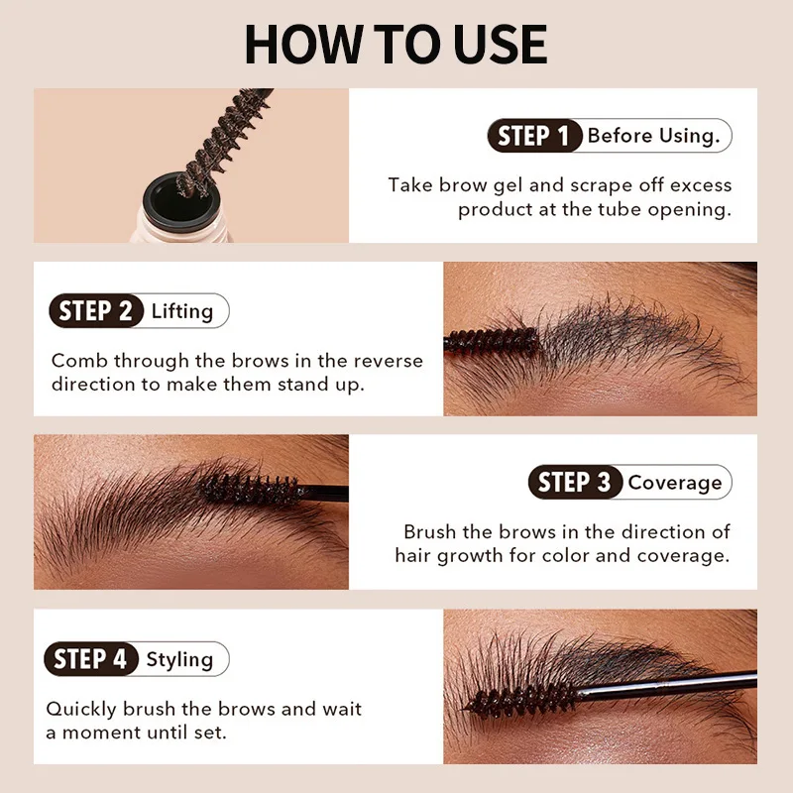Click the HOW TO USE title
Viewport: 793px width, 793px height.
pyautogui.click(x=396, y=45)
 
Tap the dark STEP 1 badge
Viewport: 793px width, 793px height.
pyautogui.click(x=533, y=136)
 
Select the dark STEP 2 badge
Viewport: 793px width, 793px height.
pyautogui.click(x=95, y=311)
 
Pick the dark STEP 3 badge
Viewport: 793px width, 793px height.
pyautogui.click(x=575, y=483)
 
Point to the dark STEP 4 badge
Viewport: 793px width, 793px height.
pyautogui.click(x=91, y=659)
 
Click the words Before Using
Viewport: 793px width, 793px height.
pyautogui.click(x=653, y=136)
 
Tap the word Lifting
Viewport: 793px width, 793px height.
pyautogui.click(x=182, y=311)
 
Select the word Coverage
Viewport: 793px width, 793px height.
pyautogui.click(x=675, y=483)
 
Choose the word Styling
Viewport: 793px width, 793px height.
pyautogui.click(x=179, y=659)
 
